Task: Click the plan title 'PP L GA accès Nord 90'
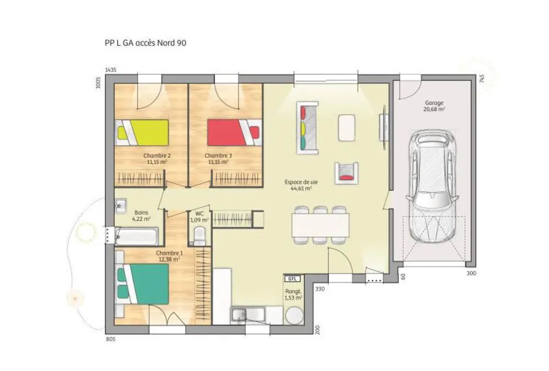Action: [145, 43]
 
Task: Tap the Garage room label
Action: [434, 103]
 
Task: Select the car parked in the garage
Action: [433, 186]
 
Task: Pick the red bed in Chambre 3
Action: [234, 132]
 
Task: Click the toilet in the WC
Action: [199, 236]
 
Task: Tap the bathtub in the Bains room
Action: [137, 236]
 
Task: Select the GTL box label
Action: [293, 279]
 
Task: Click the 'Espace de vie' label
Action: [301, 182]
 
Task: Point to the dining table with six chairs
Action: [321, 225]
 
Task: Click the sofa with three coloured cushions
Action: [307, 128]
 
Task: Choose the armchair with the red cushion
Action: [346, 173]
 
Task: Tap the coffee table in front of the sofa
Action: [346, 128]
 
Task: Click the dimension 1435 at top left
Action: [111, 70]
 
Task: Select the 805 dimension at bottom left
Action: [110, 339]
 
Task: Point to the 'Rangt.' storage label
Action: [293, 291]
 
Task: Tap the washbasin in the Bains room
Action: [121, 206]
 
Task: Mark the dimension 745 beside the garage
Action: [482, 78]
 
